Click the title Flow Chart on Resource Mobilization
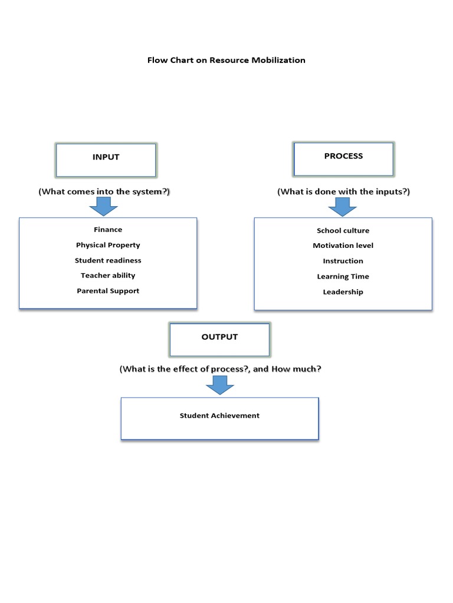pos(226,60)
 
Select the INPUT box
pos(106,160)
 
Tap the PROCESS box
pos(343,158)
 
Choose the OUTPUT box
pos(219,339)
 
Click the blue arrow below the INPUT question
pos(103,207)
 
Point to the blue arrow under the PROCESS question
pos(342,207)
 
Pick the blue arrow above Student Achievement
pos(220,386)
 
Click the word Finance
pos(108,230)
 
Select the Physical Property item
pos(108,245)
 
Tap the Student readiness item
pos(108,260)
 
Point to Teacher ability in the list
pos(108,276)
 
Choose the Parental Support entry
pos(108,291)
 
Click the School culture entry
pos(343,230)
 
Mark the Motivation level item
pos(343,246)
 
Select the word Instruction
pos(343,261)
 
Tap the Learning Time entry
pos(343,276)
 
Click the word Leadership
pos(343,292)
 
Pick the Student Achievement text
pos(219,416)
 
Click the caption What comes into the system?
pos(104,191)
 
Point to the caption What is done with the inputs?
pos(343,191)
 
